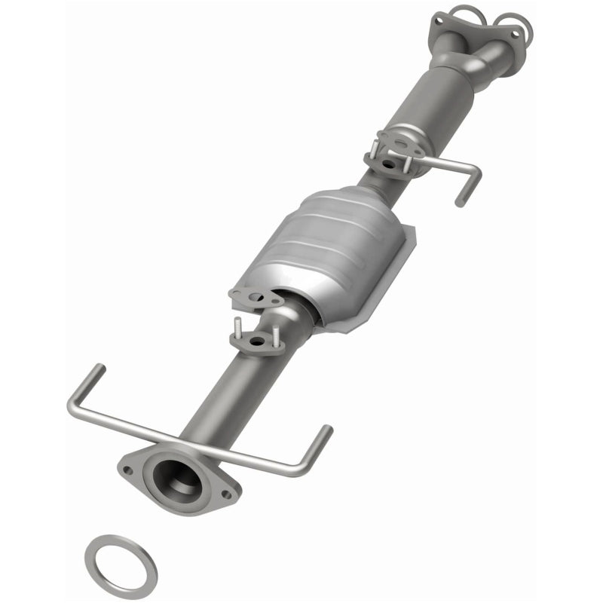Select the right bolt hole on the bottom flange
pyautogui.click(x=224, y=494)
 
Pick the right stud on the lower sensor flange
pyautogui.click(x=277, y=334)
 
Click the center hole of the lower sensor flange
pyautogui.click(x=259, y=344)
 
